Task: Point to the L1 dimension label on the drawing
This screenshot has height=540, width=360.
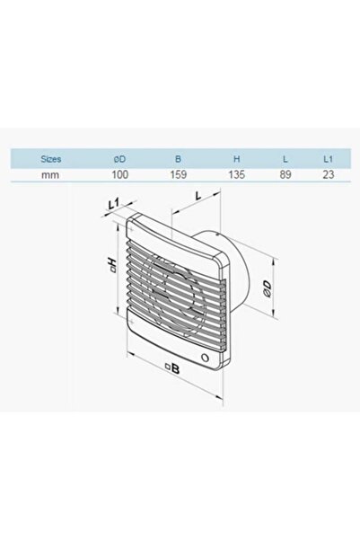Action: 111,206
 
